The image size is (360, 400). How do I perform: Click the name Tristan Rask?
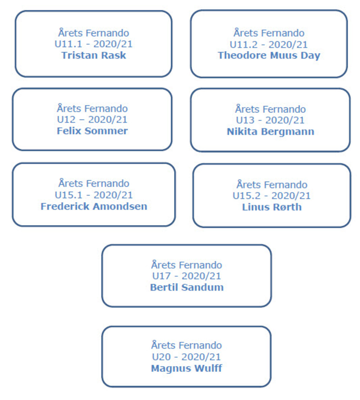pyautogui.click(x=94, y=55)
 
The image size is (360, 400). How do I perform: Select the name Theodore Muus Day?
pyautogui.click(x=269, y=55)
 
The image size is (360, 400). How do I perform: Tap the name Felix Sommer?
pyautogui.click(x=92, y=131)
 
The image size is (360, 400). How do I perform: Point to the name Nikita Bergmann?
pyautogui.click(x=271, y=132)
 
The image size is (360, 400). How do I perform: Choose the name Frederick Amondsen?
pyautogui.click(x=94, y=206)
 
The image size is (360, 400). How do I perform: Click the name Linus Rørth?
pyautogui.click(x=272, y=207)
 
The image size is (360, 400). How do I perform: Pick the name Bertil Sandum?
pyautogui.click(x=187, y=287)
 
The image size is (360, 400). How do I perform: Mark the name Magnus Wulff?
pyautogui.click(x=187, y=368)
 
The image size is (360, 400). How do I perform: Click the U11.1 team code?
pyautogui.click(x=68, y=44)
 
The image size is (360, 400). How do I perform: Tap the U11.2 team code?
pyautogui.click(x=244, y=44)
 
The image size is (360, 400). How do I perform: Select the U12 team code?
pyautogui.click(x=66, y=120)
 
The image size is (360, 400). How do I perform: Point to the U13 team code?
pyautogui.click(x=245, y=120)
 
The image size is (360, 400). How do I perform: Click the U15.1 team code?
pyautogui.click(x=68, y=195)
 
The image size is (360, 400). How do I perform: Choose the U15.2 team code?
pyautogui.click(x=247, y=196)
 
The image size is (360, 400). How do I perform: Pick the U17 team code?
pyautogui.click(x=161, y=276)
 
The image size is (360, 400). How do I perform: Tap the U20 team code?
pyautogui.click(x=161, y=357)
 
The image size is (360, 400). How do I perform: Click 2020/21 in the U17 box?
pyautogui.click(x=201, y=276)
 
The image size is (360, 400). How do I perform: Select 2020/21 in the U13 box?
pyautogui.click(x=285, y=120)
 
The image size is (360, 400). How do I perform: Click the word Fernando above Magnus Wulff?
pyautogui.click(x=201, y=345)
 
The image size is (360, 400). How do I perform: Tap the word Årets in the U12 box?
pyautogui.click(x=69, y=108)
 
